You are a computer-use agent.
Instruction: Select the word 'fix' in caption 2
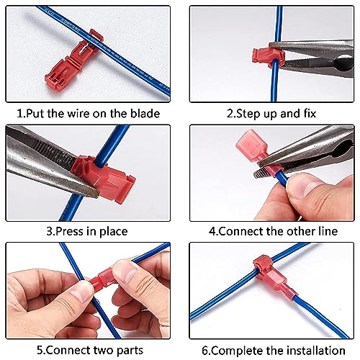(310, 112)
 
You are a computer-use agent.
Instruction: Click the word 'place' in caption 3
(113, 231)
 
